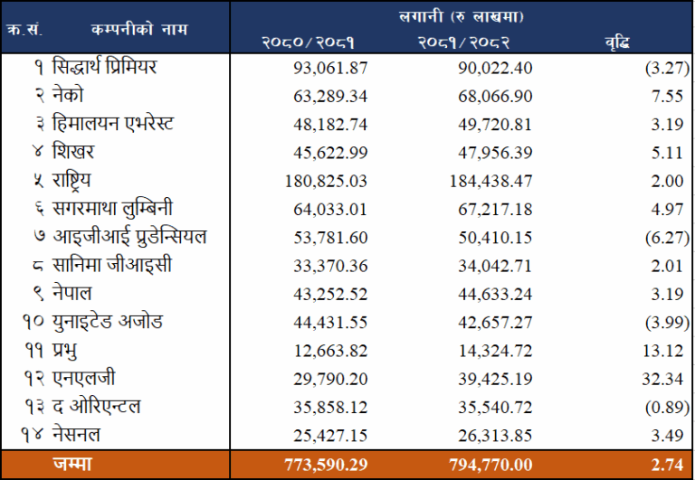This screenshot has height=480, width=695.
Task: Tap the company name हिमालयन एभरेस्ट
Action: pyautogui.click(x=113, y=124)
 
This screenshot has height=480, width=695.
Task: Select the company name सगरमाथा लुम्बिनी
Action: pyautogui.click(x=118, y=209)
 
